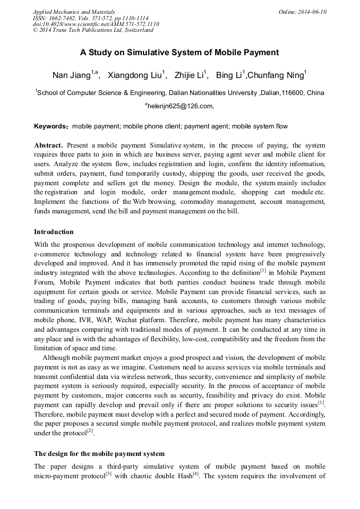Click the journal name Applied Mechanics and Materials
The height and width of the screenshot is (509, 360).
tap(74, 11)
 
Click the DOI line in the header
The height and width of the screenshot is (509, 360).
tap(96, 24)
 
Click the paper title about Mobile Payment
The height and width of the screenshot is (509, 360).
tap(179, 53)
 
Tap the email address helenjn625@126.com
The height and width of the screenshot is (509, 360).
tap(181, 106)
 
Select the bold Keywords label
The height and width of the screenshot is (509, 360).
tap(51, 126)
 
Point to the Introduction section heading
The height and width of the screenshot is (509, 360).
tap(54, 232)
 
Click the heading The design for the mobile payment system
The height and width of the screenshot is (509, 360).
tap(99, 454)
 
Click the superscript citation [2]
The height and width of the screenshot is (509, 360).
tap(90, 430)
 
